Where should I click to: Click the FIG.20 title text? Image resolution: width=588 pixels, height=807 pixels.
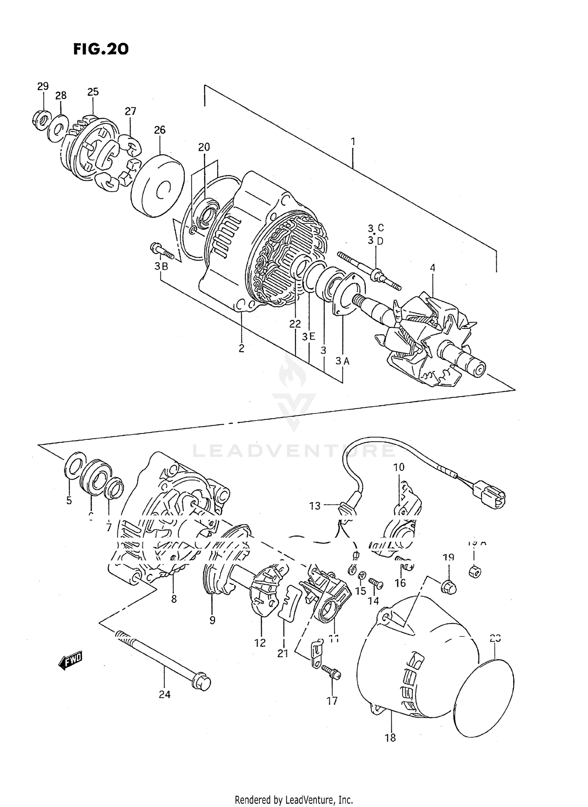pos(101,49)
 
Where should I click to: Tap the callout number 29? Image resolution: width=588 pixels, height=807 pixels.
pos(43,86)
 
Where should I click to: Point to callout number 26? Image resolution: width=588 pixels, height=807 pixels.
pos(160,130)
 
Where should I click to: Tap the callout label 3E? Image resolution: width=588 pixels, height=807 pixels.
pos(309,336)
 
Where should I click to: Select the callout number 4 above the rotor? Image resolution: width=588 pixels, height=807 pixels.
pos(432,268)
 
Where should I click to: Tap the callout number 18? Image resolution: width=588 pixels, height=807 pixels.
pos(390,738)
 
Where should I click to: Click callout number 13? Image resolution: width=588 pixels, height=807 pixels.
pos(315,506)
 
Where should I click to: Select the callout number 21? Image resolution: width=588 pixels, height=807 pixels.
pos(282,653)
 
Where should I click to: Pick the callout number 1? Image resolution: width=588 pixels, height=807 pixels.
pos(353,141)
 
